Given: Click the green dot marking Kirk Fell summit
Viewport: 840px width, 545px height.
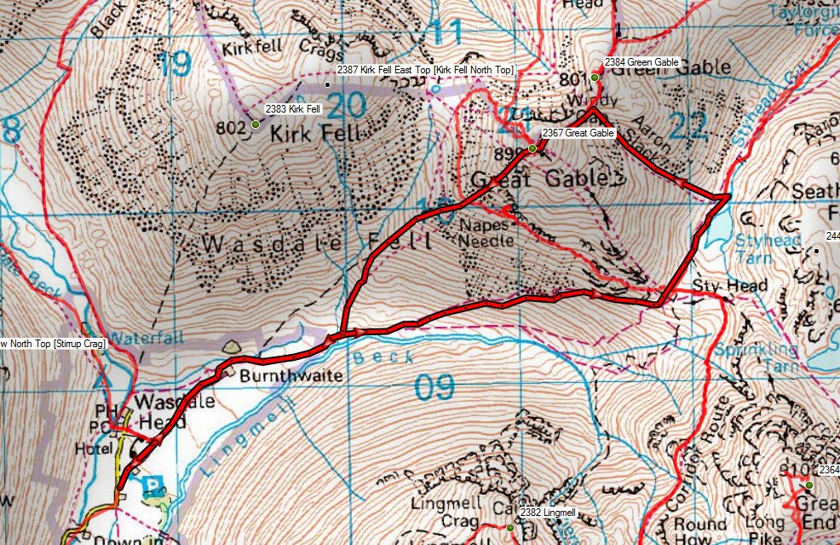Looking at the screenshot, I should [x=255, y=125].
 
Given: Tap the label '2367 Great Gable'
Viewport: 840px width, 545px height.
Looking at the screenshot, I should [x=578, y=133].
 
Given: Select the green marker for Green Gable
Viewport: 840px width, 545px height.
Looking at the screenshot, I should [x=595, y=78].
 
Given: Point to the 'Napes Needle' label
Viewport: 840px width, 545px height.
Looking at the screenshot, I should [x=487, y=233].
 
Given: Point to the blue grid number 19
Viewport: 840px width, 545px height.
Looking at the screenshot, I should [x=174, y=64].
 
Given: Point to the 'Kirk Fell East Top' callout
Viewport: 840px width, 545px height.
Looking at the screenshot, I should [x=424, y=69].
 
